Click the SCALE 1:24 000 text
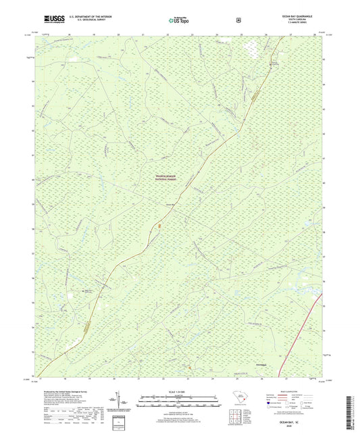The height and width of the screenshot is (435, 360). (180, 392)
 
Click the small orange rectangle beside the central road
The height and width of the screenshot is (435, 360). (159, 226)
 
